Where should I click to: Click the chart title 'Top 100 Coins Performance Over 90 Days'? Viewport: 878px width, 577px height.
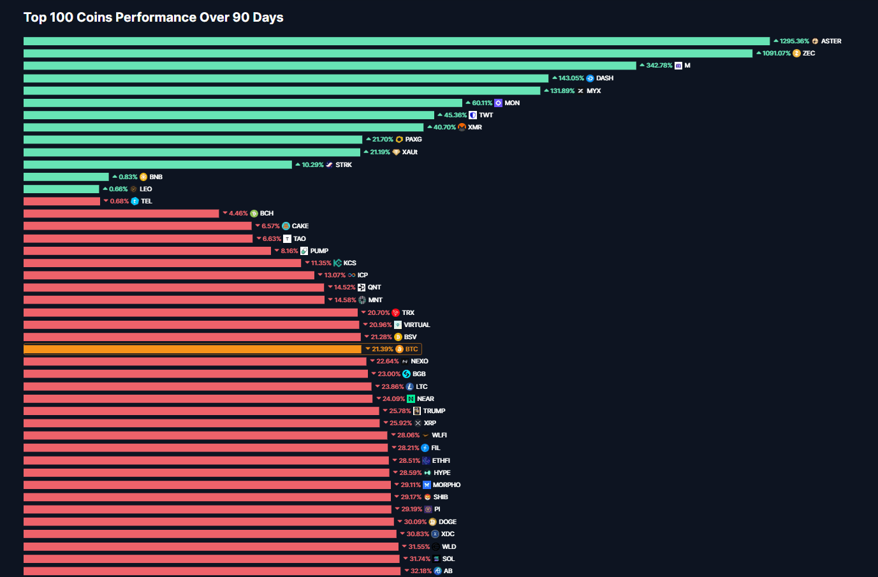(153, 17)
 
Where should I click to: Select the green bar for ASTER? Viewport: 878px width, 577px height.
(396, 41)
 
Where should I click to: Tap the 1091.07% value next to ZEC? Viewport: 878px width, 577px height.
(776, 54)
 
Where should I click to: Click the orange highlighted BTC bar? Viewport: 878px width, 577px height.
(192, 349)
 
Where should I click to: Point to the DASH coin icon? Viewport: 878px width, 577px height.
(590, 78)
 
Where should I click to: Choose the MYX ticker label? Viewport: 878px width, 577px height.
(594, 91)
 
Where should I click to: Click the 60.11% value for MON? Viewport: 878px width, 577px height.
(481, 103)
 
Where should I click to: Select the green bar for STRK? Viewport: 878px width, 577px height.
(157, 164)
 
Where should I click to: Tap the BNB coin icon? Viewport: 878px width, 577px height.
(143, 177)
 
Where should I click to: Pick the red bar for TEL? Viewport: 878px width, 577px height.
(62, 201)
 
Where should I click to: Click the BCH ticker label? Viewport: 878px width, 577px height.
(267, 214)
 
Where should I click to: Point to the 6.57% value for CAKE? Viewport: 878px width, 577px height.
(270, 226)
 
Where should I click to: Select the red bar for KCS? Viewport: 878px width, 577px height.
(162, 263)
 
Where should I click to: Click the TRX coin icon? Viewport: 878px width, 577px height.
(395, 313)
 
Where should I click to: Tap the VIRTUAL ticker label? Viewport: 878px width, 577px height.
(416, 325)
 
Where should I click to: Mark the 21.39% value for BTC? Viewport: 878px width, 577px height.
(382, 349)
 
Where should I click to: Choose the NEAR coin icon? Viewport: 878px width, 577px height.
(411, 399)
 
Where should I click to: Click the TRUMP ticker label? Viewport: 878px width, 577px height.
(434, 411)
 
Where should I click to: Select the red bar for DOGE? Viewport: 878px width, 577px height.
(209, 522)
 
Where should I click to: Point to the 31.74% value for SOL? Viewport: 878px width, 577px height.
(420, 559)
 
